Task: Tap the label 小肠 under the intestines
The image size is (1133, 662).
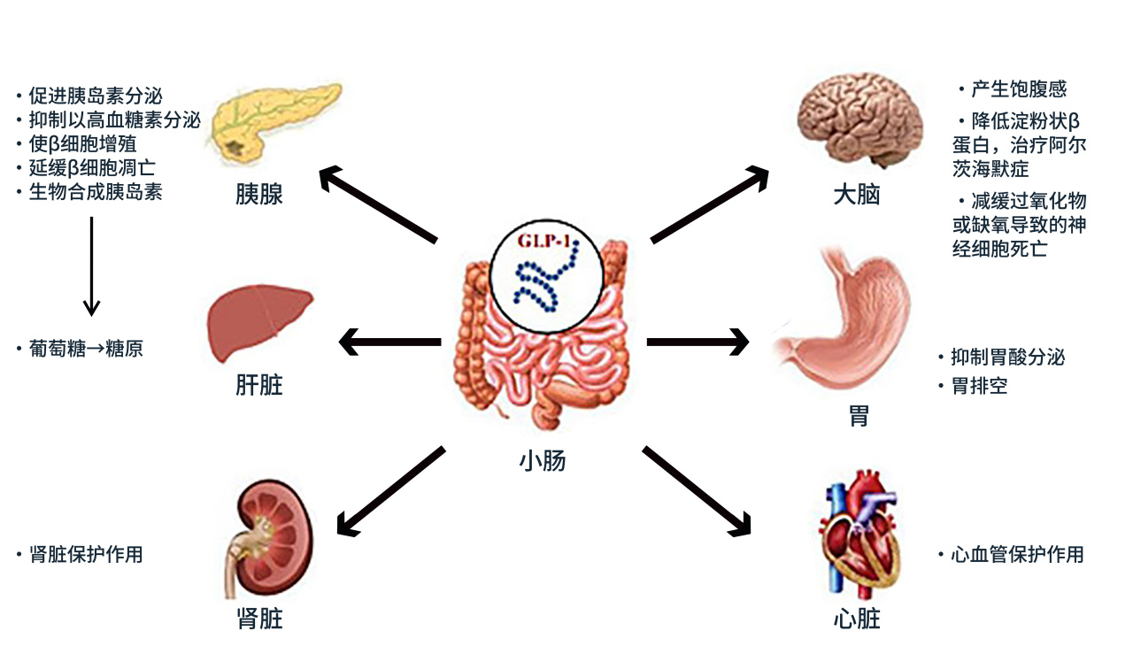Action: [x=542, y=460]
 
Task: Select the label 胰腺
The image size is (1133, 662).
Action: [x=259, y=194]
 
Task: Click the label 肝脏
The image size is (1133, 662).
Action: [x=259, y=385]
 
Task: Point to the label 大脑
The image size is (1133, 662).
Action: [x=856, y=194]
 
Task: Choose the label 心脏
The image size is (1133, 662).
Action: [x=856, y=617]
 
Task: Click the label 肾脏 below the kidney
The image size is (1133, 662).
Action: [x=259, y=617]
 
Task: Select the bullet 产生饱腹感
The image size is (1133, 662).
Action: [x=1018, y=89]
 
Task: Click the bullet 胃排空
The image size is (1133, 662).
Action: [x=979, y=386]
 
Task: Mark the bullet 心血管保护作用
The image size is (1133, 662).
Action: [x=1016, y=555]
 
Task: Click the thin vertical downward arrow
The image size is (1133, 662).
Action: [x=91, y=266]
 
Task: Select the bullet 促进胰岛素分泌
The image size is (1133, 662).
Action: [x=95, y=96]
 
